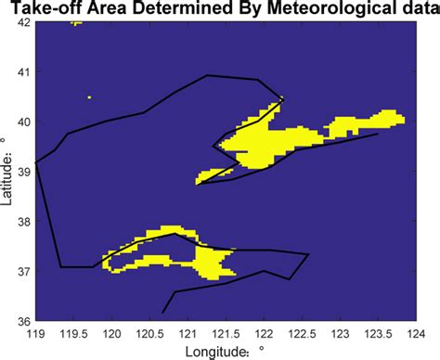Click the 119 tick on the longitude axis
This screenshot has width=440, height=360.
(36, 331)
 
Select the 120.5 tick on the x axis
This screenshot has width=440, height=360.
(150, 331)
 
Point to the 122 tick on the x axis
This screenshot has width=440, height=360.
(264, 331)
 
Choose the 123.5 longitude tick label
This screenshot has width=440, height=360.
(377, 331)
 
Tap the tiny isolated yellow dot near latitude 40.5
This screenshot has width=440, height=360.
(89, 96)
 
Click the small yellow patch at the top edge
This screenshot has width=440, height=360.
(76, 23)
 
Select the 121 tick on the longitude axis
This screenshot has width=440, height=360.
(188, 331)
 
